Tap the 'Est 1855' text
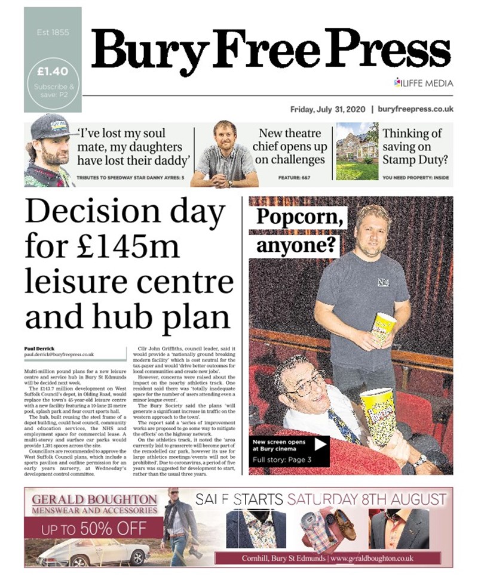(x=51, y=32)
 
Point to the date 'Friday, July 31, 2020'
(x=327, y=110)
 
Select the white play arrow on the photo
(x=321, y=444)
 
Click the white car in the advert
(x=96, y=553)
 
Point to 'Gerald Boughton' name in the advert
(x=96, y=500)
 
